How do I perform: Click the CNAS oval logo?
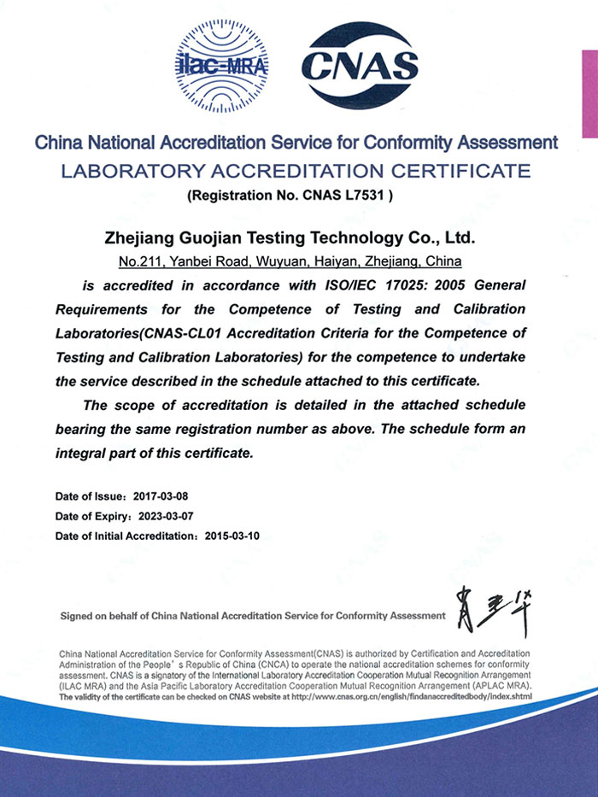click(362, 67)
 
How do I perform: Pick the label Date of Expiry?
click(92, 516)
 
